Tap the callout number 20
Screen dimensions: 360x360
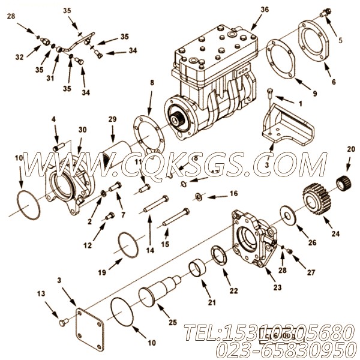pyautogui.click(x=351, y=149)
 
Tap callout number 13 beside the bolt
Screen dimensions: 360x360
pyautogui.click(x=41, y=293)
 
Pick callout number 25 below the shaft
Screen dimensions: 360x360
pyautogui.click(x=173, y=322)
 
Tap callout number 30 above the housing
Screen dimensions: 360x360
pyautogui.click(x=82, y=129)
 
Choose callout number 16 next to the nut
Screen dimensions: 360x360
pyautogui.click(x=233, y=193)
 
